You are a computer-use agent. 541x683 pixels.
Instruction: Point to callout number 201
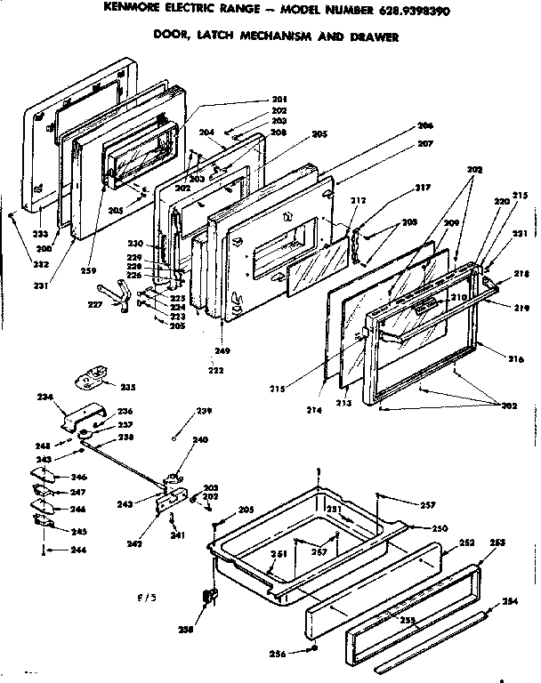point(279,98)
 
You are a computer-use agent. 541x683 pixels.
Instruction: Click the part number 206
point(424,125)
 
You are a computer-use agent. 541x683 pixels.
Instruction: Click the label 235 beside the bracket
point(128,388)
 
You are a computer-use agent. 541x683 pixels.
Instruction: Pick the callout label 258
point(210,629)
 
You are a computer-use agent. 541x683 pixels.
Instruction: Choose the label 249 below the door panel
point(222,350)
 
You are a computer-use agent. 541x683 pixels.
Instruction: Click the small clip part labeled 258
point(211,597)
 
